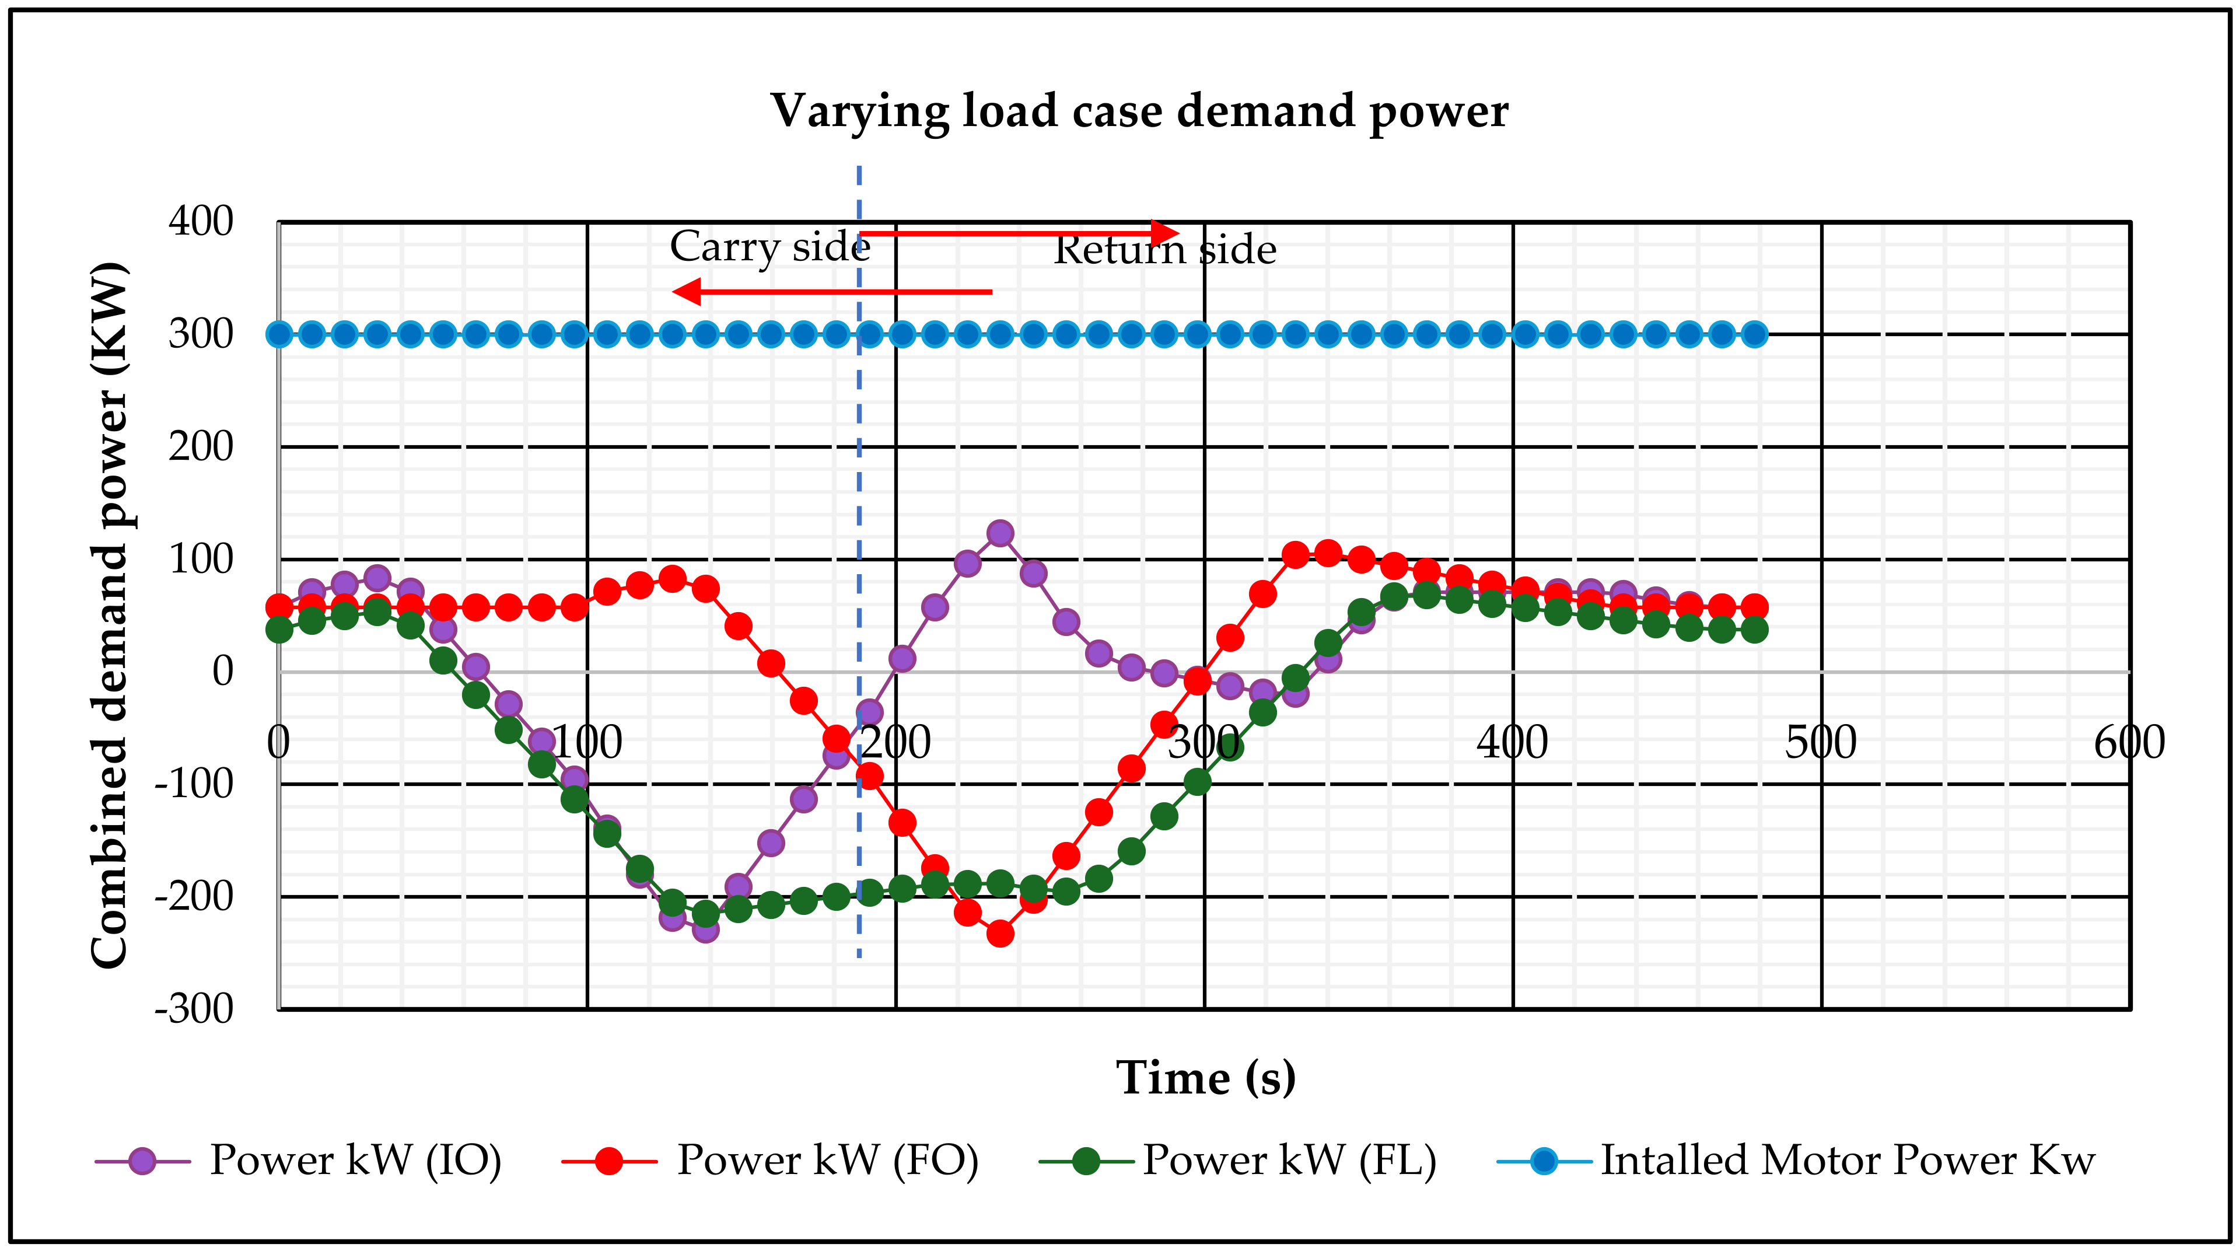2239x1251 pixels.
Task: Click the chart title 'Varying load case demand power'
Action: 1139,111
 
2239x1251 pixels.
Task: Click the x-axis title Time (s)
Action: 1206,1078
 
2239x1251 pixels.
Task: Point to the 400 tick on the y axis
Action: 201,222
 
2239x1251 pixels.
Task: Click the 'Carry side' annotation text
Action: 769,246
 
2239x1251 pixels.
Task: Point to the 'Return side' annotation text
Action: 1164,250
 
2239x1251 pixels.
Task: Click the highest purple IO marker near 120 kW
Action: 1000,533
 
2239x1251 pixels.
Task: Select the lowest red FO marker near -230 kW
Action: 1000,934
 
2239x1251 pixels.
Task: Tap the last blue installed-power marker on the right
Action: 1755,334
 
